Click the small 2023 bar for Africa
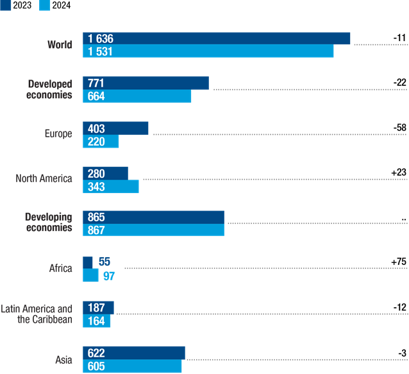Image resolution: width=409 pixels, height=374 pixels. [x=88, y=262]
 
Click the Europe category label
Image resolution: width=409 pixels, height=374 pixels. [x=58, y=134]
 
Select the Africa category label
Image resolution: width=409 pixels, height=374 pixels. [x=60, y=268]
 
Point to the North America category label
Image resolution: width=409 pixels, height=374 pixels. [x=44, y=178]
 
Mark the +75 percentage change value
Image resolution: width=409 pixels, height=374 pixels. [x=398, y=262]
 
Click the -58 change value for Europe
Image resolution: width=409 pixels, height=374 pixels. [x=399, y=128]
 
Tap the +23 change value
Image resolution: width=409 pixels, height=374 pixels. [x=398, y=172]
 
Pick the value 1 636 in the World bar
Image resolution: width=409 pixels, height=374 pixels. [x=101, y=38]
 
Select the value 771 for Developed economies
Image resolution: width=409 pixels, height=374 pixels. [x=96, y=83]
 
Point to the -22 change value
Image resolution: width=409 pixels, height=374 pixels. [x=399, y=83]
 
